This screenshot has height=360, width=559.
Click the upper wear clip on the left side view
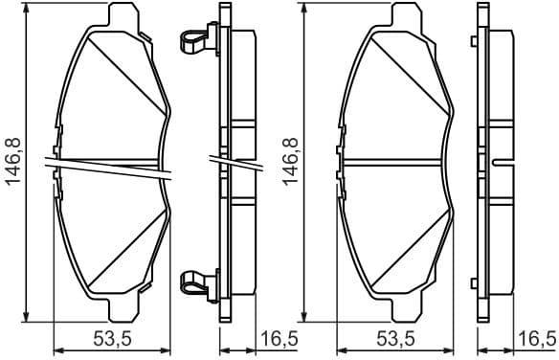(193, 39)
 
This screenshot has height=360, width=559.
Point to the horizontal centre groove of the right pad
(397, 161)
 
